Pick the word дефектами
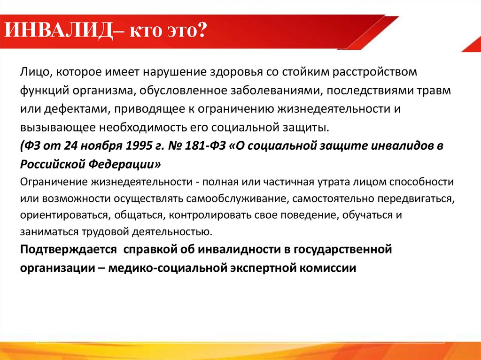(72, 109)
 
